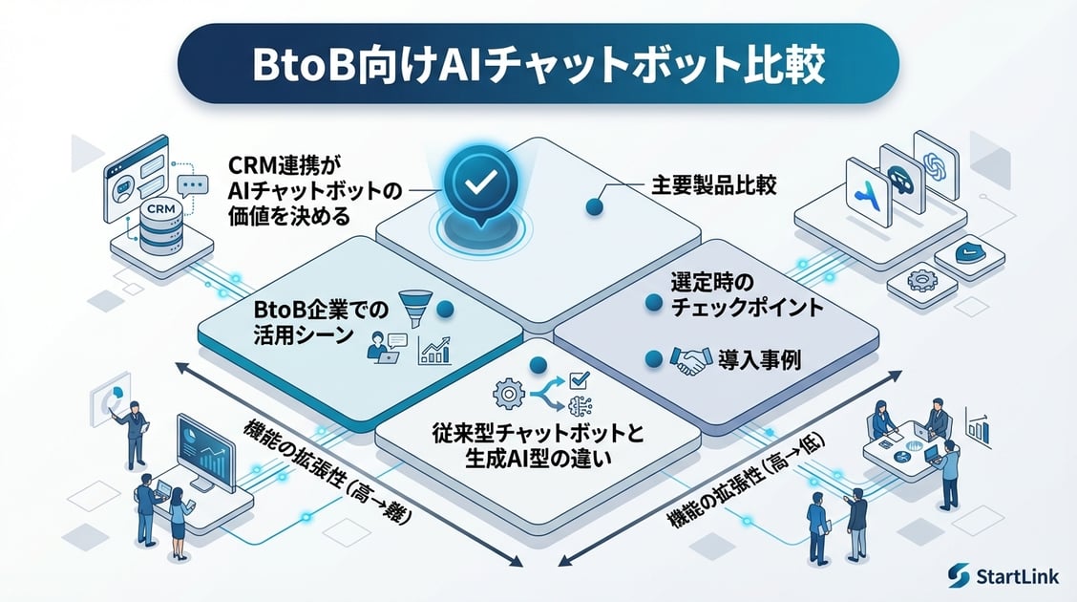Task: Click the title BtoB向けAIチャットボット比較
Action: [538, 64]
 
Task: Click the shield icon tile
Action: [968, 255]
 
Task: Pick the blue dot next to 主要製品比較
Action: [595, 205]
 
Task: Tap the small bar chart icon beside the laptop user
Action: [433, 353]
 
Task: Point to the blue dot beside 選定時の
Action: [654, 303]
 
